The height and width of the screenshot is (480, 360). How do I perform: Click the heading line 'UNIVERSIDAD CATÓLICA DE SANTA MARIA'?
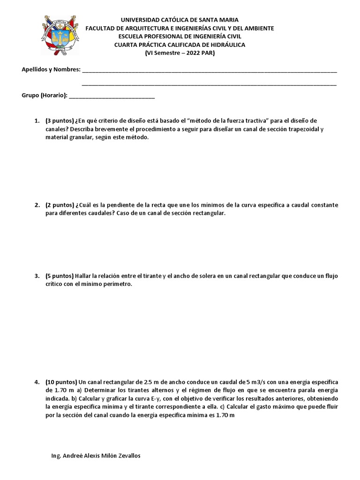point(180,20)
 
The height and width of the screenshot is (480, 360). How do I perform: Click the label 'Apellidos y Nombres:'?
point(51,70)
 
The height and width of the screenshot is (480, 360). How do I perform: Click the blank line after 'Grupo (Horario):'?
point(112,96)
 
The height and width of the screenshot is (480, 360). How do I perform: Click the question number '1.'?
point(37,121)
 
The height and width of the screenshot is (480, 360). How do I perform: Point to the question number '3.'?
point(37,276)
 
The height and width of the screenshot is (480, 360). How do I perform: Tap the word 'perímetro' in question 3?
point(114,284)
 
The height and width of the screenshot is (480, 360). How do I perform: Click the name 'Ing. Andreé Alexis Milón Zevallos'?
point(95,456)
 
